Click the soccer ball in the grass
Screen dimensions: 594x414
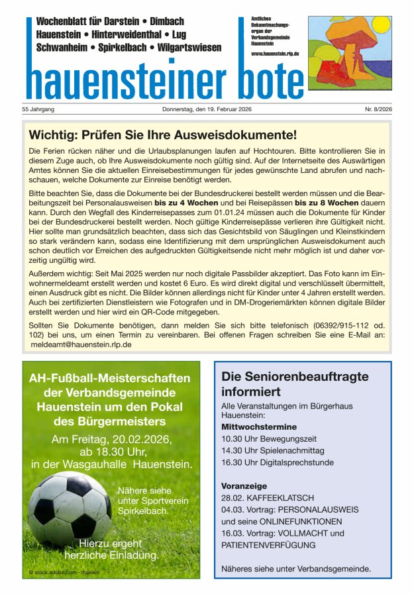(70, 508)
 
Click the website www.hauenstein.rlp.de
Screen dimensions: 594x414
(275, 53)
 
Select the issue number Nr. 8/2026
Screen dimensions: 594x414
(378, 109)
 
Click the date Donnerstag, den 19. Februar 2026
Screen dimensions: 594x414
(207, 109)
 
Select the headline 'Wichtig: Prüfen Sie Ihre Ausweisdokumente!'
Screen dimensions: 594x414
(163, 136)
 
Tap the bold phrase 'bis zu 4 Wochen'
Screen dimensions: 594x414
(185, 203)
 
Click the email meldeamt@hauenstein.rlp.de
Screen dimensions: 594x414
(81, 344)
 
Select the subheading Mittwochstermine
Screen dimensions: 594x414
(259, 426)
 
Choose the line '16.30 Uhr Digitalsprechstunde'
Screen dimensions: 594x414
(277, 462)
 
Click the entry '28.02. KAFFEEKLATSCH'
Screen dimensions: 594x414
(268, 497)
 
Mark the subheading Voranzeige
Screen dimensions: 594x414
(244, 485)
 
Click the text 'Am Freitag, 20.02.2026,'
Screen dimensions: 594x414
(111, 440)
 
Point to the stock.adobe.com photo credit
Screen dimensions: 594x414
(64, 571)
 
